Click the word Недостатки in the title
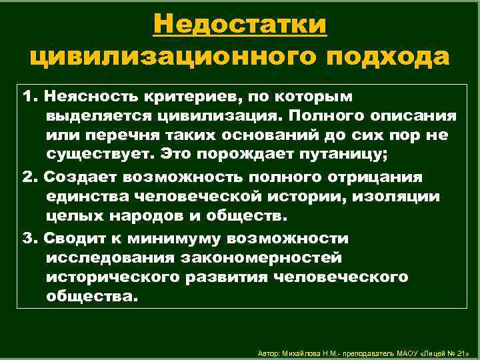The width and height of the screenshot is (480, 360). coord(239,25)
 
